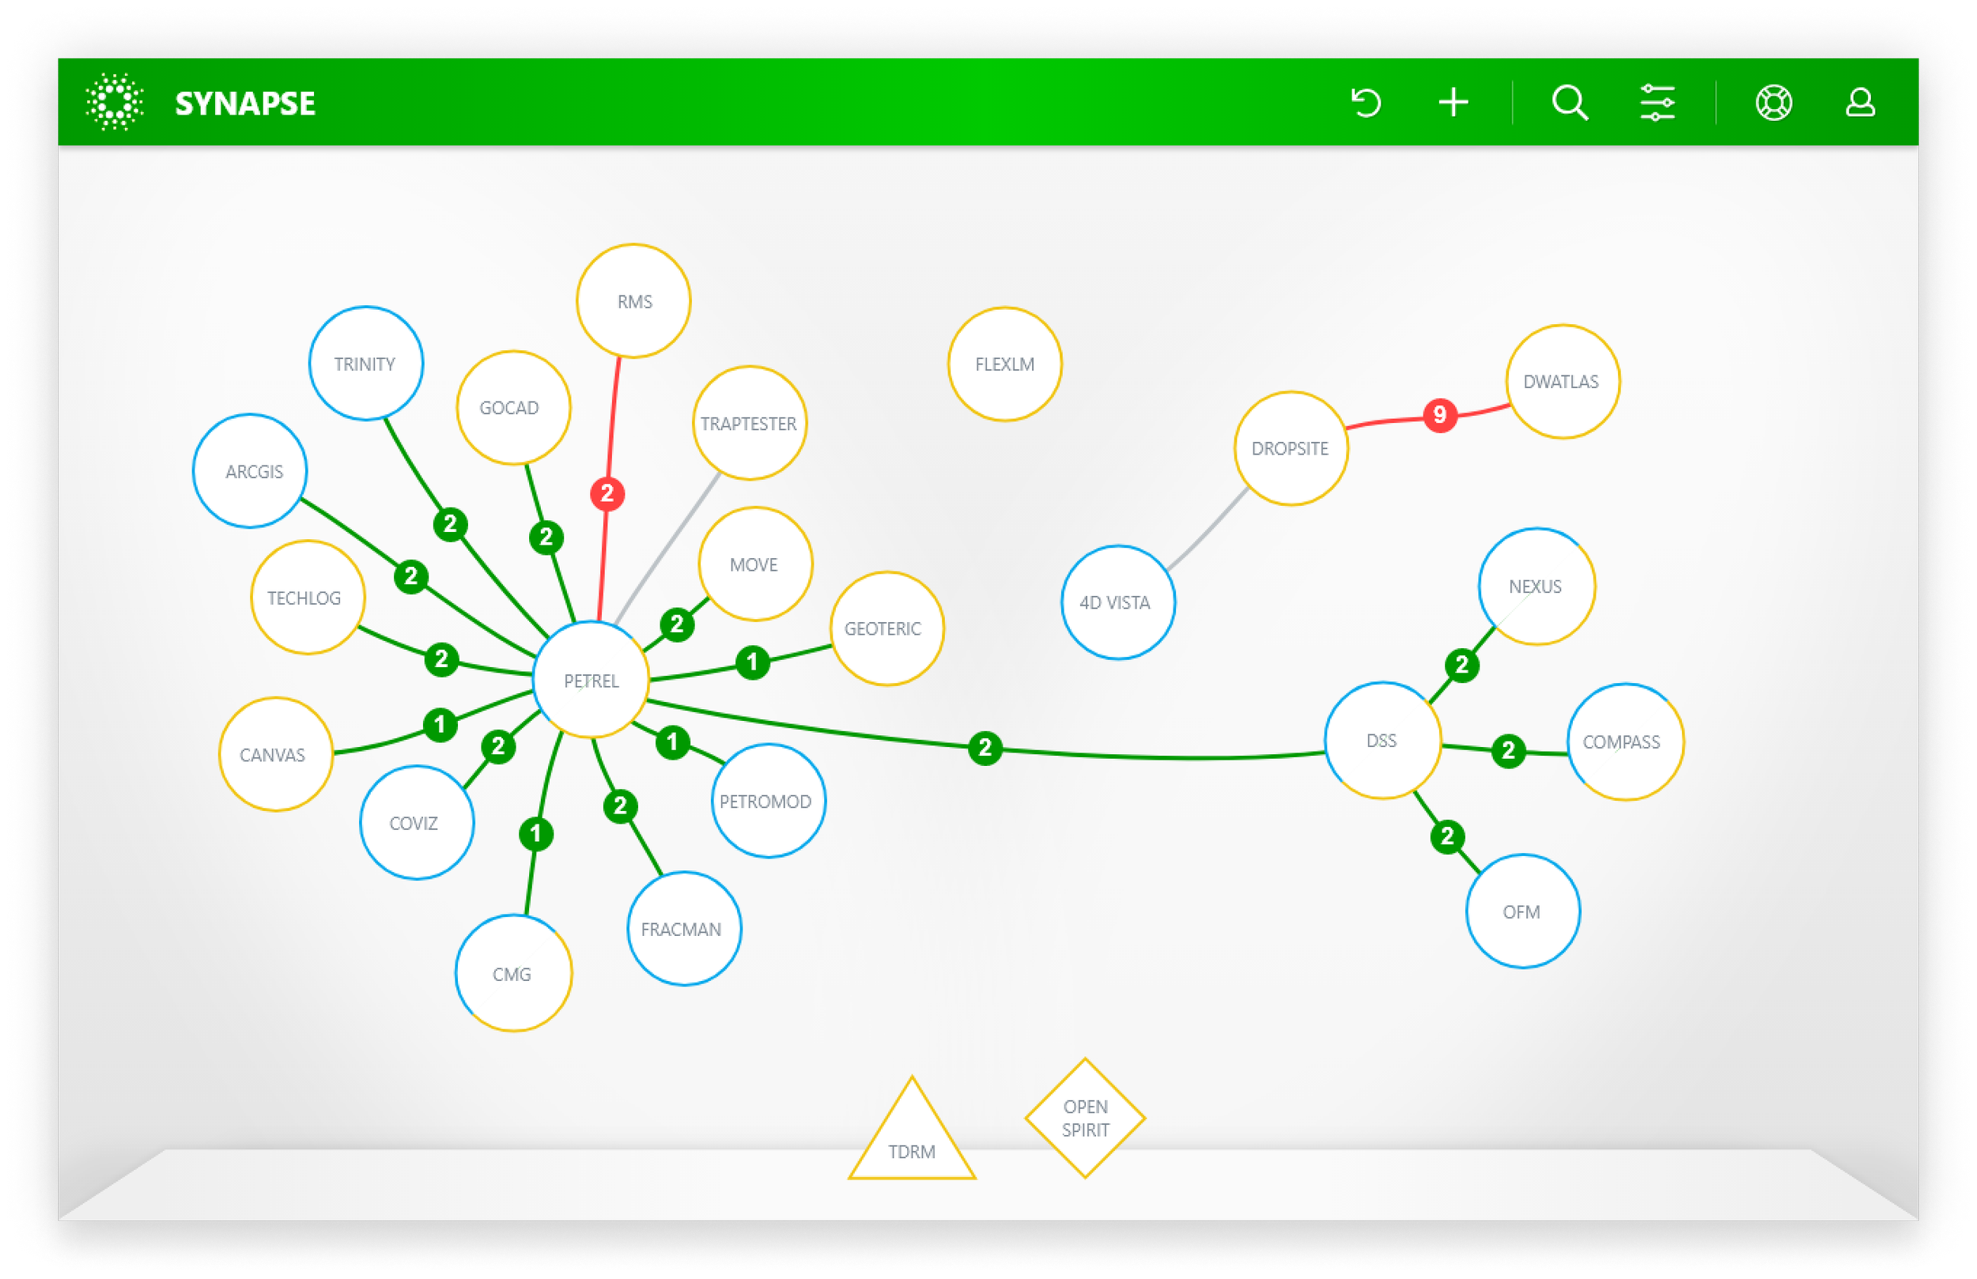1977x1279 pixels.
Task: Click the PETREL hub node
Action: (x=591, y=680)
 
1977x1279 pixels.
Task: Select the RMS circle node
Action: (x=633, y=300)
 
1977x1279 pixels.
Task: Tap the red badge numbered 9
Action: (x=1439, y=414)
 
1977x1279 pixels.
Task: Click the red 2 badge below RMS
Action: (x=607, y=493)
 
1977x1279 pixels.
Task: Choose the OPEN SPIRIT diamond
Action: (x=1085, y=1118)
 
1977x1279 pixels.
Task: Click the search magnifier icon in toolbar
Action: (x=1570, y=103)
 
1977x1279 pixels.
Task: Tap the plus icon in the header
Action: (x=1453, y=103)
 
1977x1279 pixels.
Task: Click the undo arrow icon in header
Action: (x=1367, y=103)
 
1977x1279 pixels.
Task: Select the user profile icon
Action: (x=1860, y=103)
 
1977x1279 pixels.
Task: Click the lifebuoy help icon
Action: (x=1774, y=103)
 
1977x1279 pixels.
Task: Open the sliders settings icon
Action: (x=1658, y=103)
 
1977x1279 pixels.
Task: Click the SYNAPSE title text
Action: (x=245, y=104)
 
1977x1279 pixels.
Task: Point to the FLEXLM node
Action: (x=1004, y=364)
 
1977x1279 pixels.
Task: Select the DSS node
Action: (x=1382, y=740)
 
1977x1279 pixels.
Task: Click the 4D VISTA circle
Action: (x=1117, y=602)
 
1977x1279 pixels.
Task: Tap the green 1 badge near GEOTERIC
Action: (x=753, y=662)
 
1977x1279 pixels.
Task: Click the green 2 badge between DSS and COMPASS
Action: (x=1509, y=751)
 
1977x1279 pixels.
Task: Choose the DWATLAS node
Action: (x=1563, y=381)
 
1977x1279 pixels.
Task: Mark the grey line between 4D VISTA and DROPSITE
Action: (x=1208, y=529)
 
